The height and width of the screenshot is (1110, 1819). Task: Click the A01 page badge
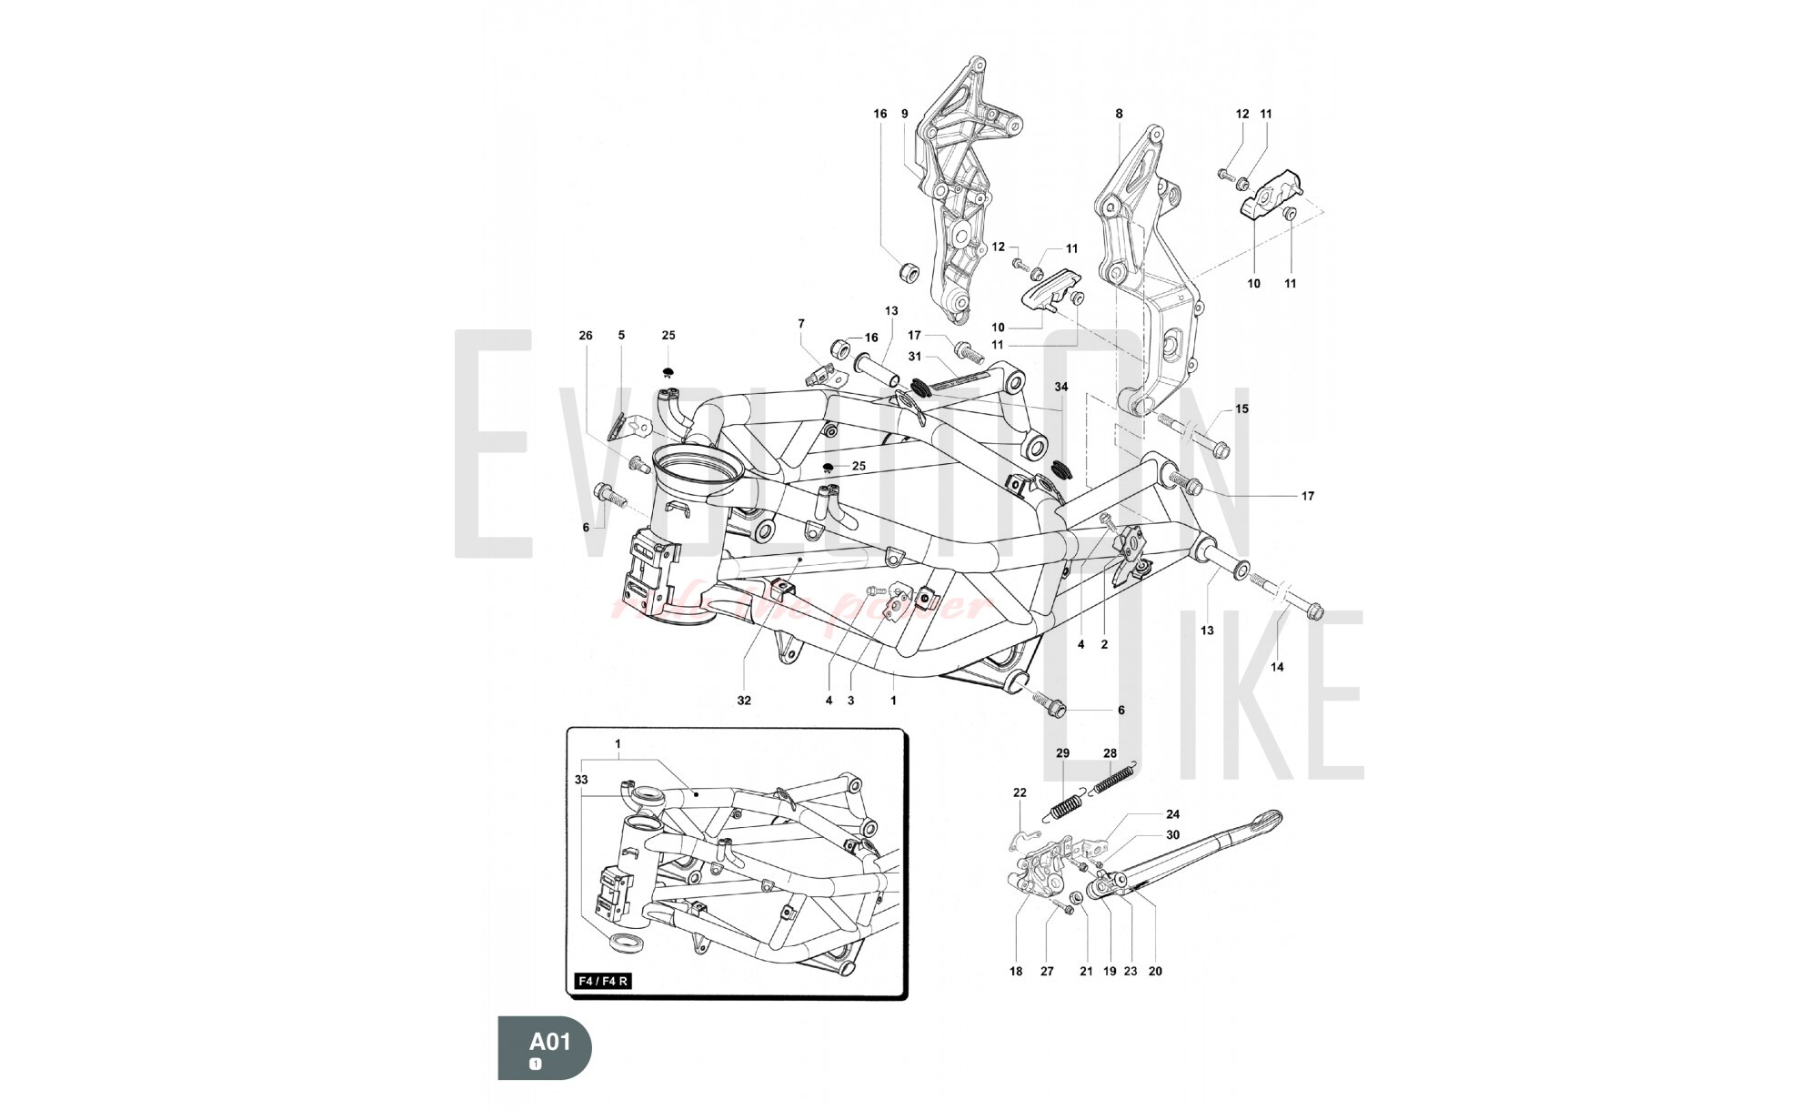[545, 1047]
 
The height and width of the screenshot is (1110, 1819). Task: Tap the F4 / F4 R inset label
[604, 982]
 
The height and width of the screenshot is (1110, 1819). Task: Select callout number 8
[1119, 114]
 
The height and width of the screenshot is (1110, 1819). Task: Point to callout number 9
[905, 114]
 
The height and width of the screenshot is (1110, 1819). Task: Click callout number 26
[586, 336]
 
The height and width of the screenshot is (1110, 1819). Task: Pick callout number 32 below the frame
[745, 701]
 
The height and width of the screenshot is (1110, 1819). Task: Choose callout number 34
[1061, 387]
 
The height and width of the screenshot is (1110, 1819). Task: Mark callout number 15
[1241, 409]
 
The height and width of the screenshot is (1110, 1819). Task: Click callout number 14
[1277, 667]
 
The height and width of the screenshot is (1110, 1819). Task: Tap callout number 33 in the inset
[581, 780]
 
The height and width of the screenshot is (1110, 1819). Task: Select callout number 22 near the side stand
[1020, 792]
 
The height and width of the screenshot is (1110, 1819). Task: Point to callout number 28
[1110, 753]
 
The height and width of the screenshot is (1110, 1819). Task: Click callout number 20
[1155, 971]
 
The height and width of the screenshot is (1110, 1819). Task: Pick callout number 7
[801, 323]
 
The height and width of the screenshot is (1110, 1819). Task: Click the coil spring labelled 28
[1111, 781]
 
